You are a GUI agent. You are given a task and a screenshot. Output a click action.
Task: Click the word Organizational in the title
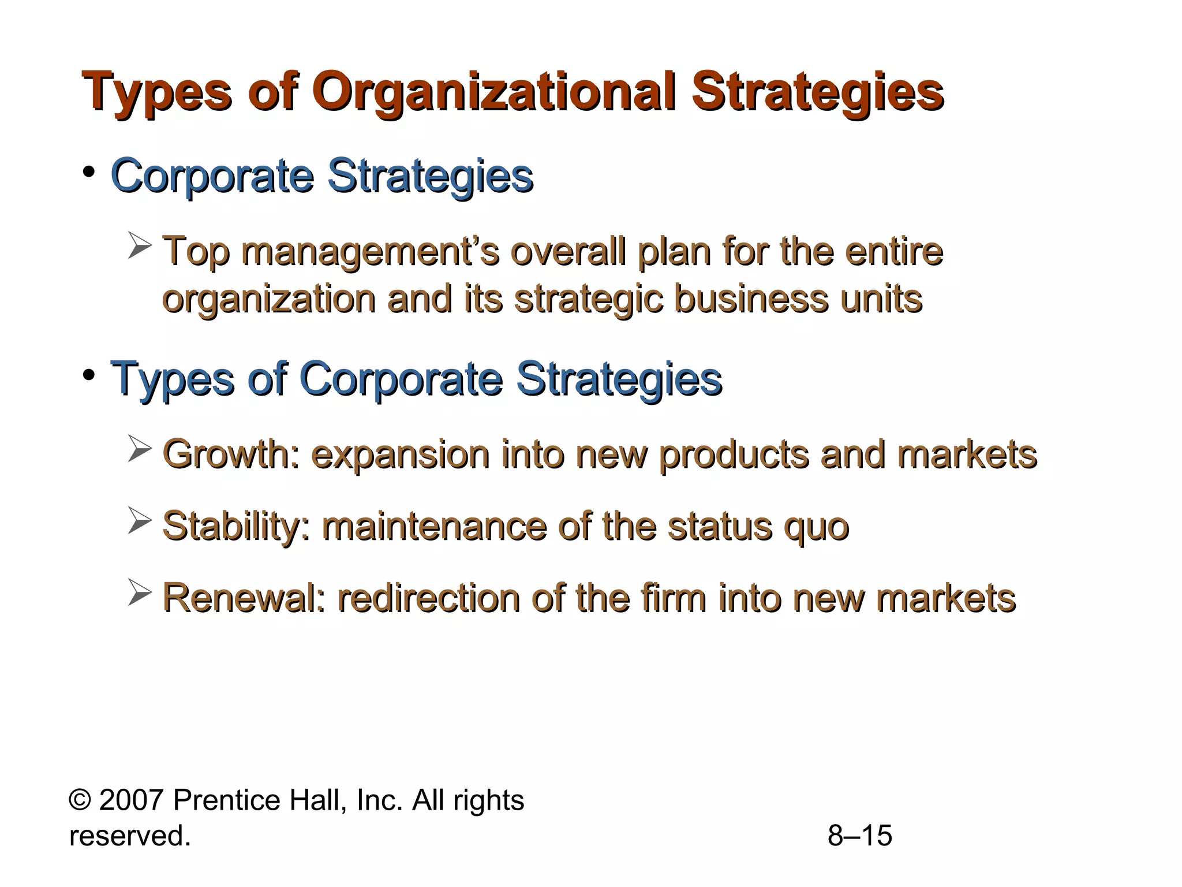pyautogui.click(x=493, y=92)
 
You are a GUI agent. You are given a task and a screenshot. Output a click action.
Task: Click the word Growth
pyautogui.click(x=231, y=454)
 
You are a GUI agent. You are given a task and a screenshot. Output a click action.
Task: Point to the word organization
pyautogui.click(x=269, y=300)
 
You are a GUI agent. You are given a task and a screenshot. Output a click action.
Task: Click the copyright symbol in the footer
pyautogui.click(x=79, y=801)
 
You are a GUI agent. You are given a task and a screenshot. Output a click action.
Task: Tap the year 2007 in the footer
pyautogui.click(x=132, y=801)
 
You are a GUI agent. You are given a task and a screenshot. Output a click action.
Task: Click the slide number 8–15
pyautogui.click(x=860, y=836)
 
